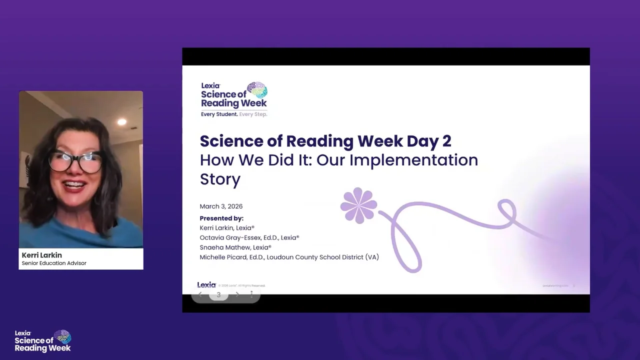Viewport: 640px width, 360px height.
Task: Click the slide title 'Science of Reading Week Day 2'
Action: click(x=325, y=141)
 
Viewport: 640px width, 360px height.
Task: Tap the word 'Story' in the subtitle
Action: click(x=220, y=179)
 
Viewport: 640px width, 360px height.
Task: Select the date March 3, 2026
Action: click(x=221, y=206)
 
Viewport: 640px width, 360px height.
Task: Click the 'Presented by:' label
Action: click(x=221, y=218)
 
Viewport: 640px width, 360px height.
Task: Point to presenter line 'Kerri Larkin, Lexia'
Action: click(x=227, y=227)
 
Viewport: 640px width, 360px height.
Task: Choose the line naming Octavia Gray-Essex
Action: click(x=249, y=237)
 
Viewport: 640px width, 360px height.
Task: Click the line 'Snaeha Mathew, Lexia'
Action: click(x=235, y=247)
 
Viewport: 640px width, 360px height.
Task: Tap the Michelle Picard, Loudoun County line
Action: click(x=289, y=257)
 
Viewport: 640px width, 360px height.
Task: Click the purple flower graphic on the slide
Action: click(x=358, y=205)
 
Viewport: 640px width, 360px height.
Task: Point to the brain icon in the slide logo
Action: click(x=257, y=90)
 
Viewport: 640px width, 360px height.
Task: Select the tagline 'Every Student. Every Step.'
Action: click(x=234, y=114)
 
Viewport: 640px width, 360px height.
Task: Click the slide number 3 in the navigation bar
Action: click(x=218, y=295)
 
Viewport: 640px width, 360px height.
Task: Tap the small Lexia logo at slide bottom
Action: click(x=206, y=285)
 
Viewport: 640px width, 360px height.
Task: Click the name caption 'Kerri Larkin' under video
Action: click(x=42, y=255)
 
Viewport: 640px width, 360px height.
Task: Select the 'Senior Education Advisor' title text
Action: click(x=54, y=263)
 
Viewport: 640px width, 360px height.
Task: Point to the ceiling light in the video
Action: click(x=121, y=121)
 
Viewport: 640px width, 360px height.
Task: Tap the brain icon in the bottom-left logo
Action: click(x=63, y=336)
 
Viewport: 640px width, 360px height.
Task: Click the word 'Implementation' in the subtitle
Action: click(x=413, y=160)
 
